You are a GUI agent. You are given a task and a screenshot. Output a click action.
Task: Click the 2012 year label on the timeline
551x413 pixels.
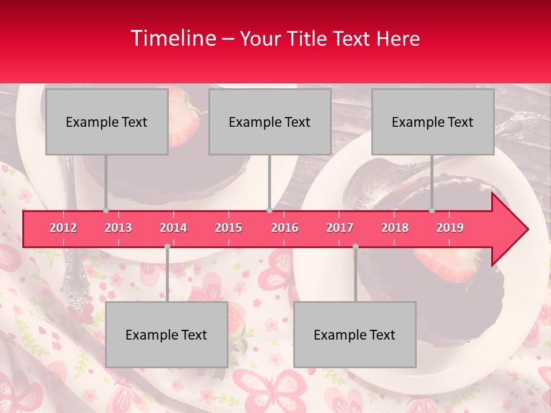coord(63,228)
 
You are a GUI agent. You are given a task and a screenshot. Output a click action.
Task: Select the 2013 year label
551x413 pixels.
coord(118,228)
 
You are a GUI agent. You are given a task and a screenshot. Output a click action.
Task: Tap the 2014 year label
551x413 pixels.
coord(173,228)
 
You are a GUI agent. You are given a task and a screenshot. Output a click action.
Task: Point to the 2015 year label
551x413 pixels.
coord(228,228)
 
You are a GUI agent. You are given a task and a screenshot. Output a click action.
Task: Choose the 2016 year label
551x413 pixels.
coord(285,228)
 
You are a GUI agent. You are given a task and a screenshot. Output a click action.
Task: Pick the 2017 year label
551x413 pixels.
coord(340,228)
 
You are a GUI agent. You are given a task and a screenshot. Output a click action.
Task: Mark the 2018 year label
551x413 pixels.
coord(395,228)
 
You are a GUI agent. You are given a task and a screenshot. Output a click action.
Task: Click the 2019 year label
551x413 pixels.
coord(450,228)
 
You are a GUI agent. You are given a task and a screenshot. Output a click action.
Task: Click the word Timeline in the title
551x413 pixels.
coord(172,38)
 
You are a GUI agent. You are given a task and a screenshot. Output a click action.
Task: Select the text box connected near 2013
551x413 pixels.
coord(107,122)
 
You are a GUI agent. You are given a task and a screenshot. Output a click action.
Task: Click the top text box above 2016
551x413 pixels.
coord(270,122)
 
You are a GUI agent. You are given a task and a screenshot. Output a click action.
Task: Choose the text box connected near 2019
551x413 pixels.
coord(433,122)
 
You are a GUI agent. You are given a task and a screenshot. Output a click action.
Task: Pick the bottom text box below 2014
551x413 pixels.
coord(166,334)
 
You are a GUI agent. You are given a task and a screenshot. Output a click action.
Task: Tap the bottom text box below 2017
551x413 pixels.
coord(355,334)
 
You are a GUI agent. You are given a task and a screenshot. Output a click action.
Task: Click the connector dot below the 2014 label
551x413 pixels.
coord(167,246)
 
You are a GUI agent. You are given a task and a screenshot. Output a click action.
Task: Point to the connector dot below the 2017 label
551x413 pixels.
coord(355,246)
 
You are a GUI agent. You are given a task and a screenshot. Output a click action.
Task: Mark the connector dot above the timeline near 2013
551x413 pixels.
coord(106,210)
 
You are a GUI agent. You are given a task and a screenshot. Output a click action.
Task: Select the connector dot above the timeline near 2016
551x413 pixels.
coord(269,210)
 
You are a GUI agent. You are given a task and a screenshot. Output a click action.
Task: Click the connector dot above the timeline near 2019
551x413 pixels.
coord(432,210)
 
